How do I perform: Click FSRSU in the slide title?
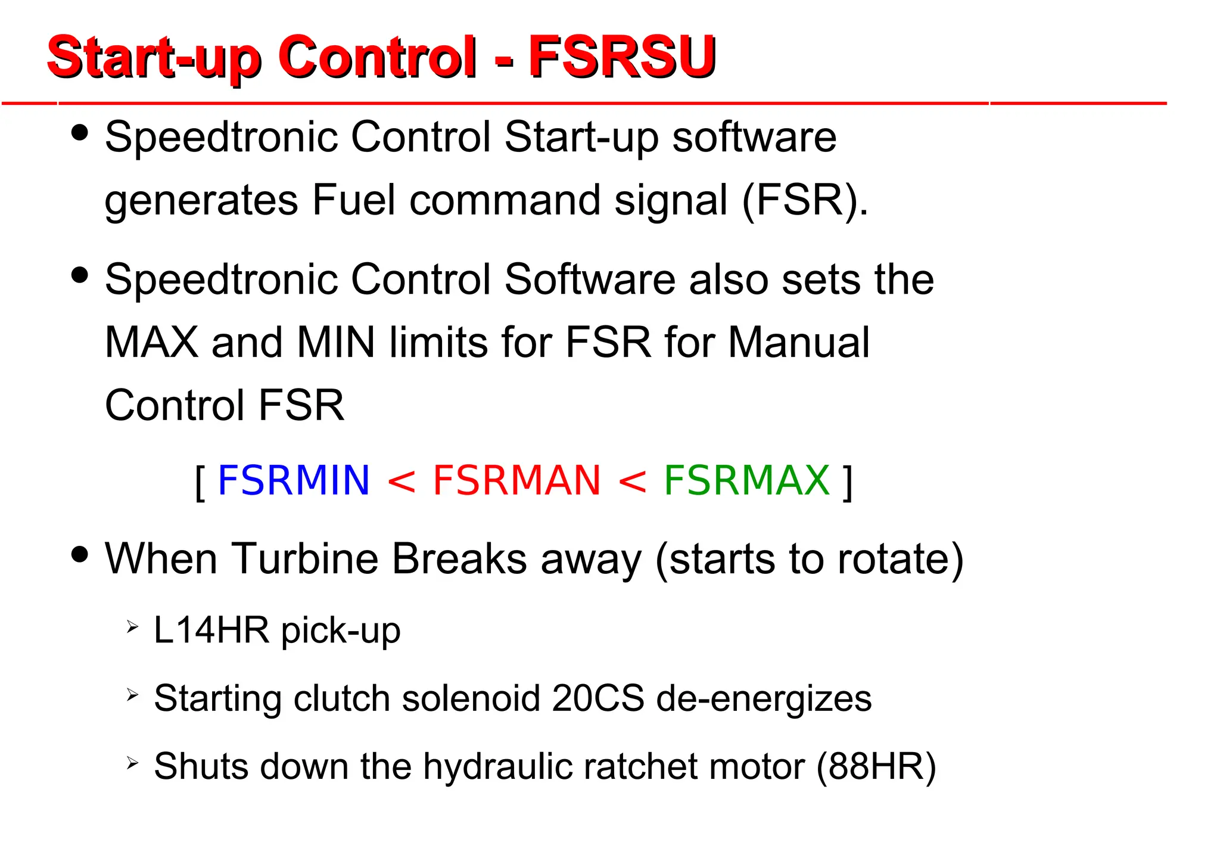(x=622, y=57)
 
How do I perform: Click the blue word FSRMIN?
(x=294, y=480)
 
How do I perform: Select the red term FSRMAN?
(x=516, y=480)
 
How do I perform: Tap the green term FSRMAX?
(x=746, y=480)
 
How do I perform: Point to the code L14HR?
(x=211, y=630)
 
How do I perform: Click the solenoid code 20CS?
(x=597, y=698)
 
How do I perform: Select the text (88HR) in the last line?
(x=876, y=766)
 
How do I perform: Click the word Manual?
(x=798, y=343)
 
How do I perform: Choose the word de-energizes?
(x=764, y=698)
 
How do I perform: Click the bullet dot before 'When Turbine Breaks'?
(x=79, y=554)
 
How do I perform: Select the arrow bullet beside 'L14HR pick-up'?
(x=132, y=627)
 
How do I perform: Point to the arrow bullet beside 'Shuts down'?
(x=132, y=763)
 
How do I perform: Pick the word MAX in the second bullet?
(x=151, y=343)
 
